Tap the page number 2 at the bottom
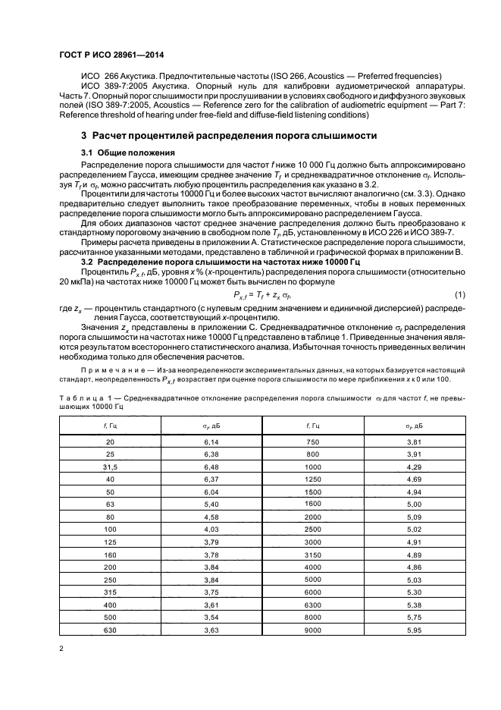click(61, 649)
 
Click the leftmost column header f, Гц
click(110, 426)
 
